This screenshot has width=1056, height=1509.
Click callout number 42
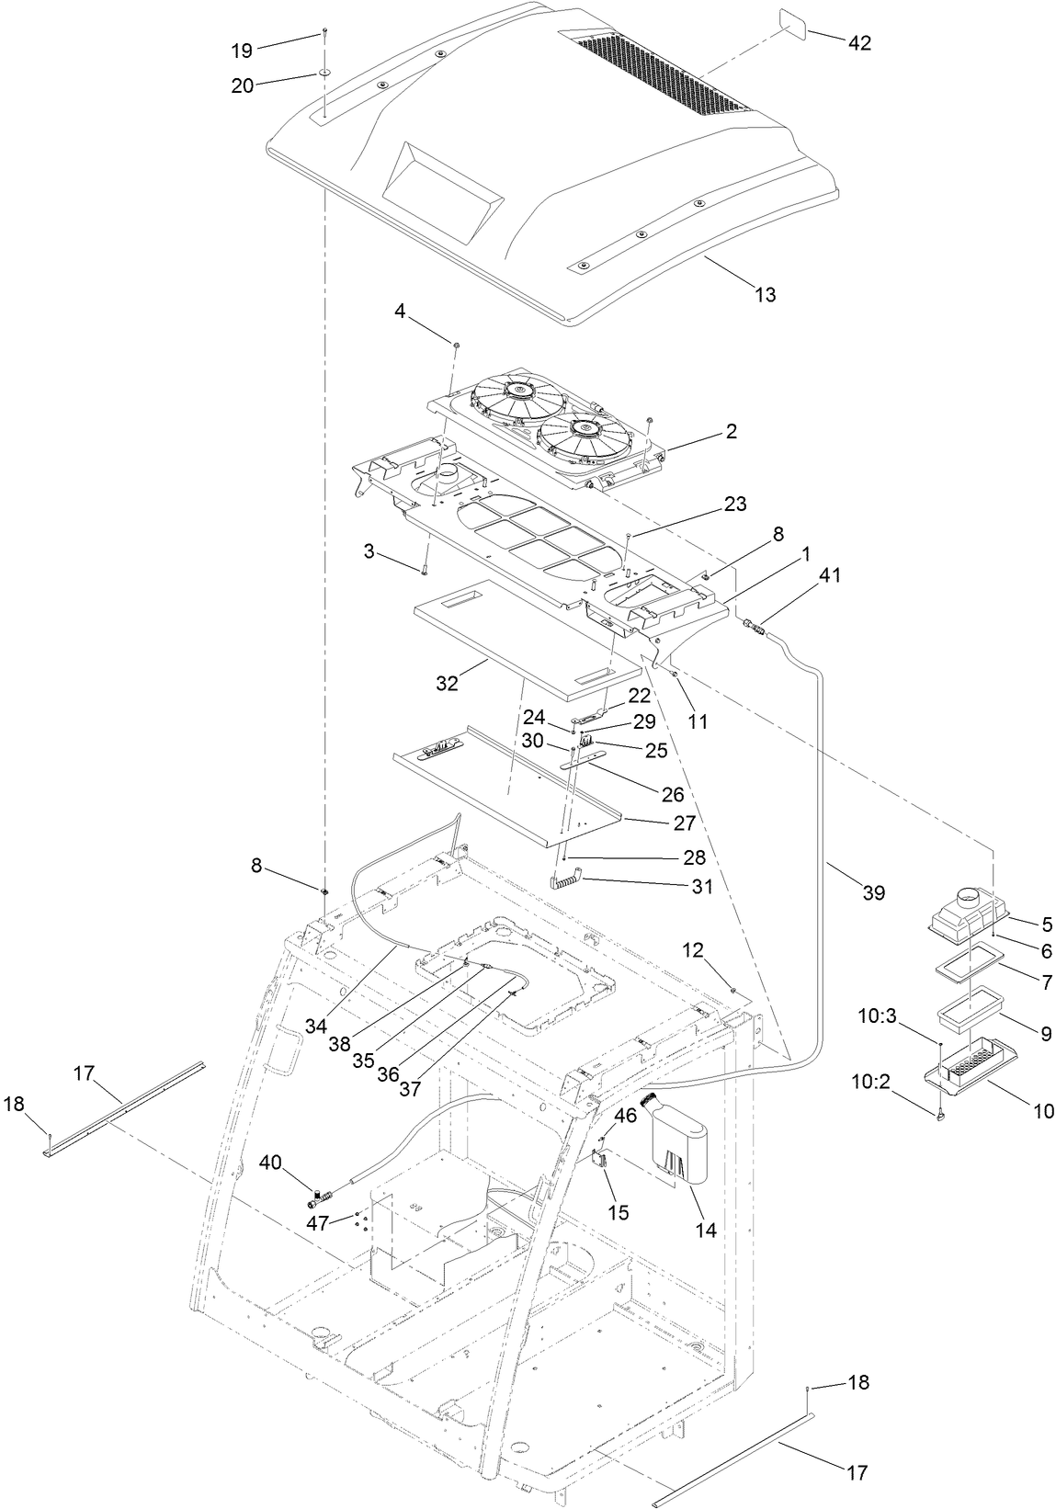[860, 43]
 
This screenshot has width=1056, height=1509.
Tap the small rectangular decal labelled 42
[793, 22]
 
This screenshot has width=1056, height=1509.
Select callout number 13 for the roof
[765, 294]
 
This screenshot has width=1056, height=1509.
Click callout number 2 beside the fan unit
[732, 430]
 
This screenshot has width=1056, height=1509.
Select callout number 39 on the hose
[873, 891]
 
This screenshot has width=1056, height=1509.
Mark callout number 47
[317, 1223]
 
